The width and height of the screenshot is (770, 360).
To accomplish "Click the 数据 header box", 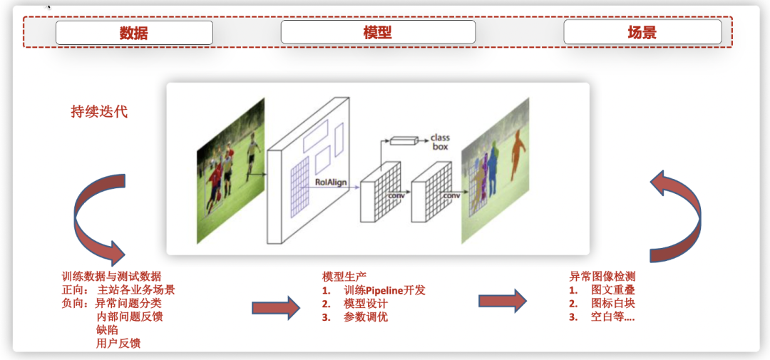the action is tap(134, 33).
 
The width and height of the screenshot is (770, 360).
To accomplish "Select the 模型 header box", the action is tap(378, 32).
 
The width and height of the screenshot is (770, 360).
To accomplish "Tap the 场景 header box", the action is tap(642, 32).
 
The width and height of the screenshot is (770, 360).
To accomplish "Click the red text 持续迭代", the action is tap(99, 112).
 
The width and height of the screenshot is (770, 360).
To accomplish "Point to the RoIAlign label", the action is tap(331, 182).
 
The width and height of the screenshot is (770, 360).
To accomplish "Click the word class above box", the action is tap(440, 138).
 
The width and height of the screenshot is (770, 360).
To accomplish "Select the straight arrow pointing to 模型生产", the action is tap(275, 308).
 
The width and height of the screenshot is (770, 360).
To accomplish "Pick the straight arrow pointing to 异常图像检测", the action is tap(502, 300).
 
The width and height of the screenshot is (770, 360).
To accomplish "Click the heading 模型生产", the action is tap(344, 277).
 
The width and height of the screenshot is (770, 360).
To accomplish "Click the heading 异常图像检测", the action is tap(602, 277).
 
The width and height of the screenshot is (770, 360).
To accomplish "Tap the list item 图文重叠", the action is tap(612, 290).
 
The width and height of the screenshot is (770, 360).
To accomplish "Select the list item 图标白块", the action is tap(612, 304).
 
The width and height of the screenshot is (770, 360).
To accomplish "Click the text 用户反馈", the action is tap(118, 343).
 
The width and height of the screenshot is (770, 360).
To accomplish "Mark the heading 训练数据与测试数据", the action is tap(111, 277).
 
